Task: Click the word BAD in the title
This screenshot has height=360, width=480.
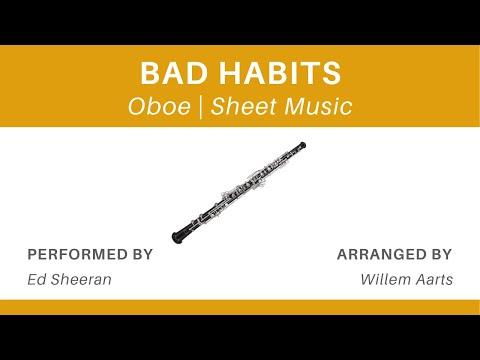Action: pos(167,75)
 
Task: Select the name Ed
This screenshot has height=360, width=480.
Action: pos(37,279)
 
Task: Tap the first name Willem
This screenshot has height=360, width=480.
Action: pos(385,279)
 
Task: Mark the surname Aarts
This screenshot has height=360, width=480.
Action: pos(435,279)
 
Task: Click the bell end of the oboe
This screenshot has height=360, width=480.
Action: pos(180,237)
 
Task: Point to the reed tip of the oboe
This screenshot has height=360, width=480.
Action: pos(302,146)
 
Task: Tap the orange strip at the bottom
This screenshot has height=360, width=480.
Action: pos(240,306)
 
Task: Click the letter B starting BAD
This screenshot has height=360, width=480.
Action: pos(148,75)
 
